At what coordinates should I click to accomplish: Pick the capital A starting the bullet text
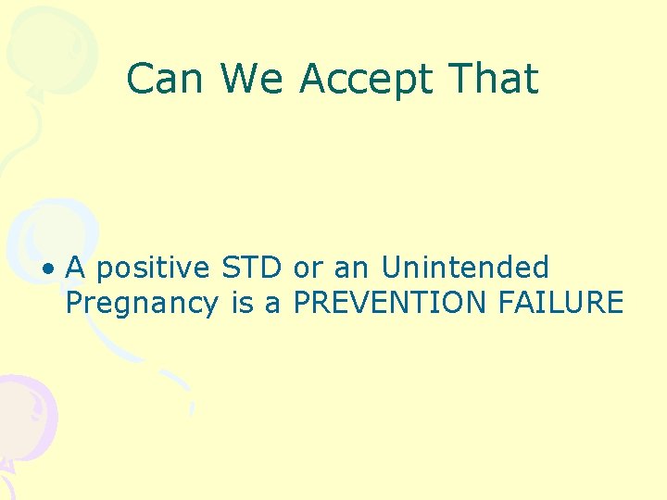77,268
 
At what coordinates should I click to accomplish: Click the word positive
154,269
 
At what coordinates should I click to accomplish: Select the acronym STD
251,268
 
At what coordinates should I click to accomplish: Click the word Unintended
465,268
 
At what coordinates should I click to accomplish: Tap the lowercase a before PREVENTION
272,304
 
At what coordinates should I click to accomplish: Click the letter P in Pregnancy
74,302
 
